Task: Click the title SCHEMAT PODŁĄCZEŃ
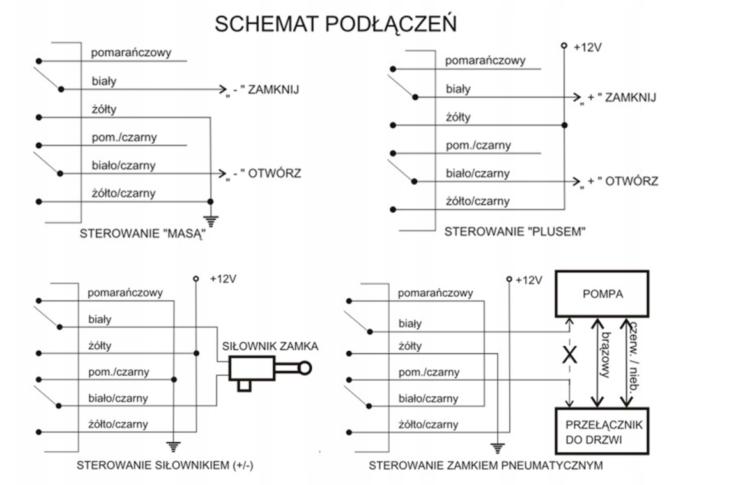[335, 24]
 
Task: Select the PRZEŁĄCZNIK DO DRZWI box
[602, 433]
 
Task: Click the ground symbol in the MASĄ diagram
[211, 221]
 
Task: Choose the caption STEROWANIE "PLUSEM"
[515, 231]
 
